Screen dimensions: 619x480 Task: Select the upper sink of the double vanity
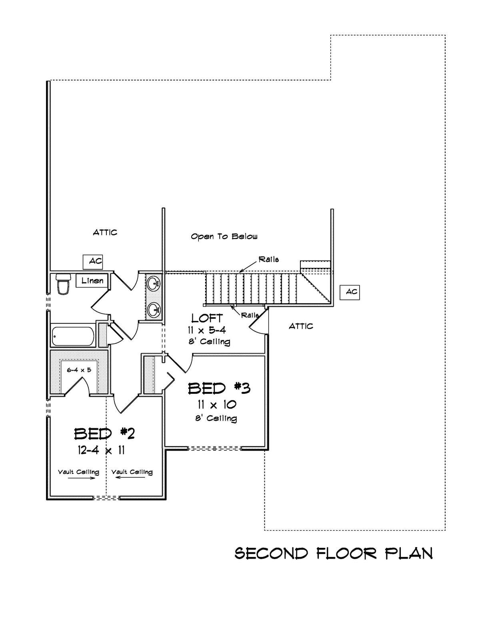pos(153,284)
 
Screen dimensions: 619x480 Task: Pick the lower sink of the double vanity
pos(153,309)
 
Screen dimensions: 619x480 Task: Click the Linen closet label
pos(92,281)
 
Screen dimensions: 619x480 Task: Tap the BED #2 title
pos(104,433)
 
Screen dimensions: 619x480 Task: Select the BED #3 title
pos(219,388)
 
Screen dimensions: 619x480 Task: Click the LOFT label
pos(207,319)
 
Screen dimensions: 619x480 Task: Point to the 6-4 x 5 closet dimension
pos(79,370)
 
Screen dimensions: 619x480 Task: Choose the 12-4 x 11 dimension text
pos(101,450)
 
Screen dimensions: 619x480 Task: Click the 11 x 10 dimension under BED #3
pos(216,405)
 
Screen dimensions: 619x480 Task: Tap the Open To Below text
pos(224,237)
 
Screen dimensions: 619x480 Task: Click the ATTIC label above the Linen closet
pos(105,232)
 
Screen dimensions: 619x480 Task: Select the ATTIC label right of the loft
pos(301,326)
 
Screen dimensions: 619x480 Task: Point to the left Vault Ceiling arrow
pos(81,478)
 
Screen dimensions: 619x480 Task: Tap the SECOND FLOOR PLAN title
pos(333,553)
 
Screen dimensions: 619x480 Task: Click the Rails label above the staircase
pos(268,260)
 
